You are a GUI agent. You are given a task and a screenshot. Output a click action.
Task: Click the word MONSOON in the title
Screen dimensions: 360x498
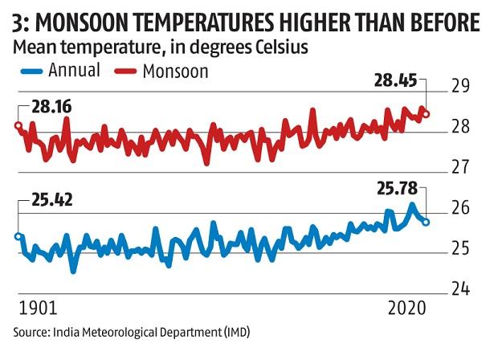pos(84,20)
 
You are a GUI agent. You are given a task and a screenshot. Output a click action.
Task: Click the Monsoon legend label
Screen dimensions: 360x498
pos(176,71)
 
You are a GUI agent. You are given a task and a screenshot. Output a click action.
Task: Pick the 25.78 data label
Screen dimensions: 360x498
pos(398,190)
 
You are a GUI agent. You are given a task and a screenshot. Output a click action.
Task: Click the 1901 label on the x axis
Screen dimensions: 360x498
pos(36,309)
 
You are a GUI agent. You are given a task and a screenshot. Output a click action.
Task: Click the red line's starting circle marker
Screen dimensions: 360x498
pos(18,125)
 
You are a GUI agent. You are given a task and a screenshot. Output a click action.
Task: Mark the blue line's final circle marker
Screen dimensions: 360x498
pos(426,222)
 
